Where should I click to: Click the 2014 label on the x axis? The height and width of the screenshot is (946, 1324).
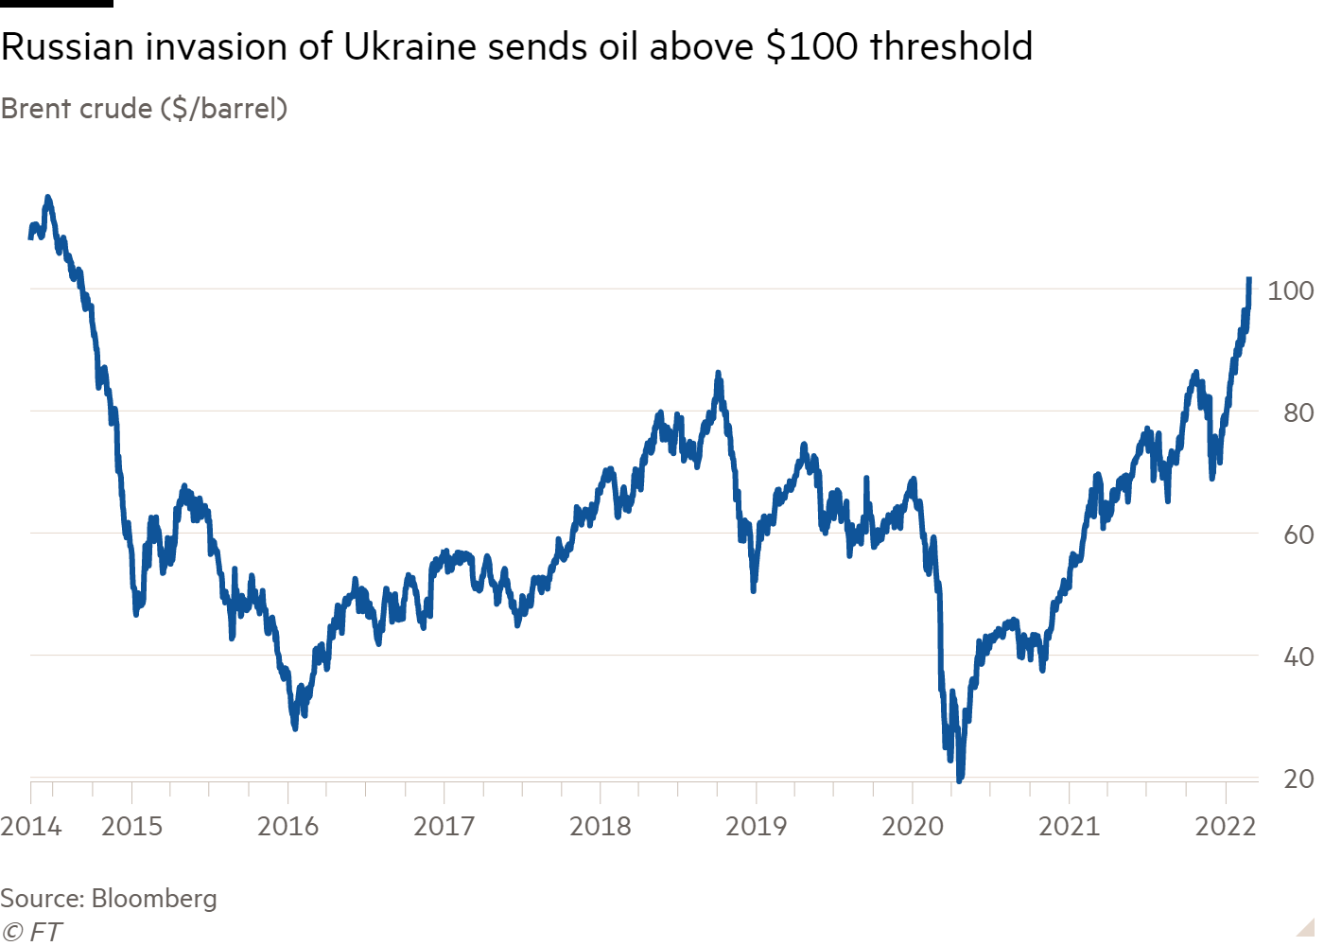(x=31, y=827)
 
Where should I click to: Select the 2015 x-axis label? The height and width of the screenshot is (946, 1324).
(x=131, y=827)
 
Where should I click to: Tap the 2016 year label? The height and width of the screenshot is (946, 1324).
(x=287, y=827)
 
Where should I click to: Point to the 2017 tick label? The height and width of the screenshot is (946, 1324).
(x=444, y=827)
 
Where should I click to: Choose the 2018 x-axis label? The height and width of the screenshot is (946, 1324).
(x=600, y=827)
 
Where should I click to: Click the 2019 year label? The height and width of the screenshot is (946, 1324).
(x=756, y=827)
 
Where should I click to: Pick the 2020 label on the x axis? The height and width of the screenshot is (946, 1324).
(x=913, y=827)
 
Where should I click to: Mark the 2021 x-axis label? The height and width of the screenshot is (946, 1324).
(x=1069, y=827)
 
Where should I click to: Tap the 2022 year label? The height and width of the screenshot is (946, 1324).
(x=1226, y=827)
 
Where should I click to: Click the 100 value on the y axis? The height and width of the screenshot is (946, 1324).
(x=1290, y=290)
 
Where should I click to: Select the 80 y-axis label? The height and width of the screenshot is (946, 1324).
(x=1298, y=412)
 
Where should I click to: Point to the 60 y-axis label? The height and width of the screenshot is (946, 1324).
(x=1298, y=534)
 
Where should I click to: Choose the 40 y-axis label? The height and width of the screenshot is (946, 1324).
(x=1298, y=657)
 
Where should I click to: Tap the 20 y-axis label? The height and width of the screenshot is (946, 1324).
(x=1298, y=779)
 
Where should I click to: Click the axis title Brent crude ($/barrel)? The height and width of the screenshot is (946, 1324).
(x=144, y=109)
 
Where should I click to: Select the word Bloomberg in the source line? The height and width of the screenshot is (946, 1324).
(x=154, y=898)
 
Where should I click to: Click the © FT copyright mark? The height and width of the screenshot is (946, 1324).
(x=30, y=932)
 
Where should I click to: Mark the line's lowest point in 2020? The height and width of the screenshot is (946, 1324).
(x=960, y=781)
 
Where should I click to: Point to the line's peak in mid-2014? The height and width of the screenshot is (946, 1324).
(x=48, y=197)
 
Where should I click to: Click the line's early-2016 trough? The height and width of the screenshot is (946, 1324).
(x=295, y=728)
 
